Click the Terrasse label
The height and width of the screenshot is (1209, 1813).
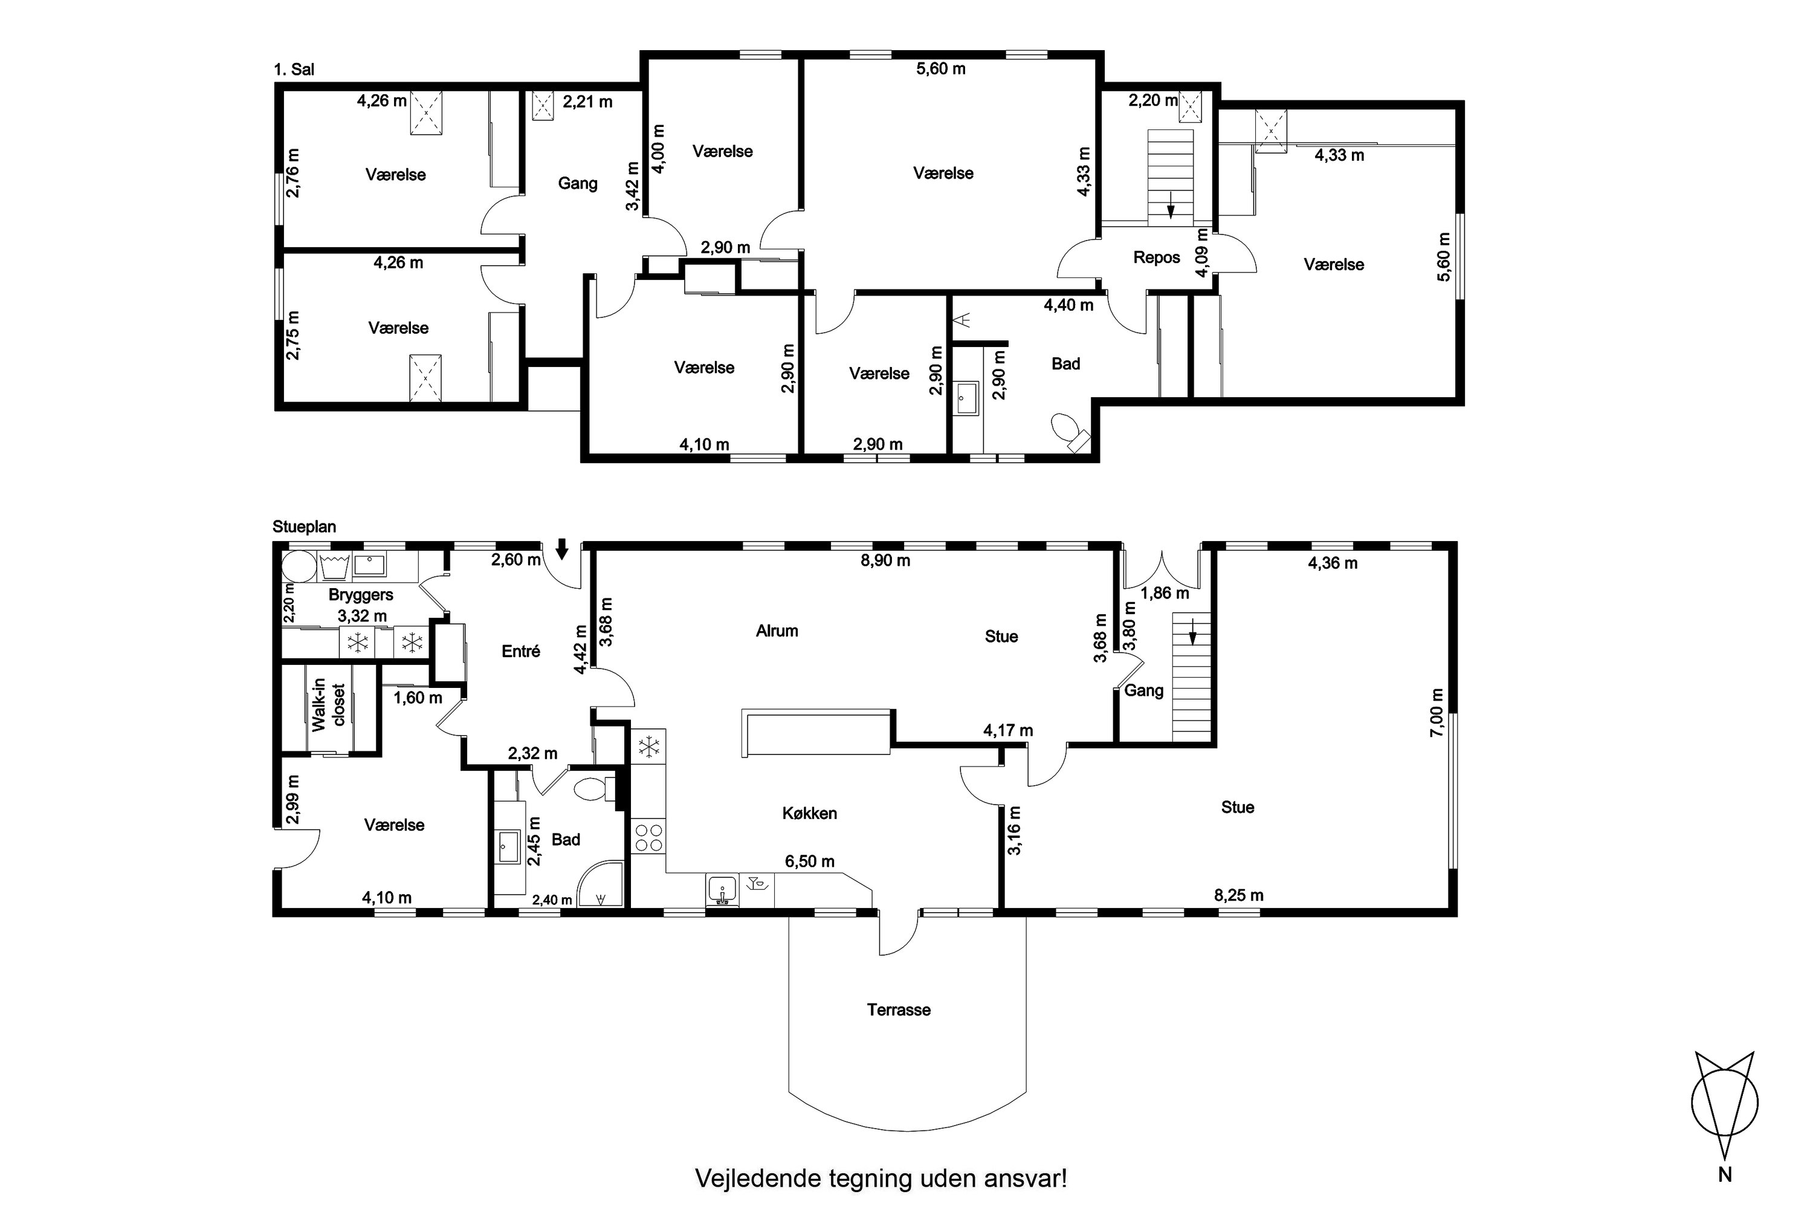tap(898, 1010)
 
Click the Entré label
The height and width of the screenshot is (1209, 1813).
tap(520, 652)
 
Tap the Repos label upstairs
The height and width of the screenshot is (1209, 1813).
tap(1156, 258)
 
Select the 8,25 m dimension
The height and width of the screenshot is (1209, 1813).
tap(1239, 895)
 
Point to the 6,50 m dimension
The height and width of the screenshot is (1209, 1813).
tap(809, 861)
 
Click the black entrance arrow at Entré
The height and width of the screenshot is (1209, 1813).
tap(562, 548)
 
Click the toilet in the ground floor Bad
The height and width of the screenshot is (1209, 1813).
tap(596, 789)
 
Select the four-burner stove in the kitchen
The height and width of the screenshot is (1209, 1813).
tap(648, 838)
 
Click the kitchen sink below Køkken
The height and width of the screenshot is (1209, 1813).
tap(722, 890)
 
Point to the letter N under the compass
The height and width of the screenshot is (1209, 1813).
tap(1724, 1196)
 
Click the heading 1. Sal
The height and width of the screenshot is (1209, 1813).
tap(294, 70)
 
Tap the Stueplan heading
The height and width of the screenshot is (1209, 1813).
tap(305, 527)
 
